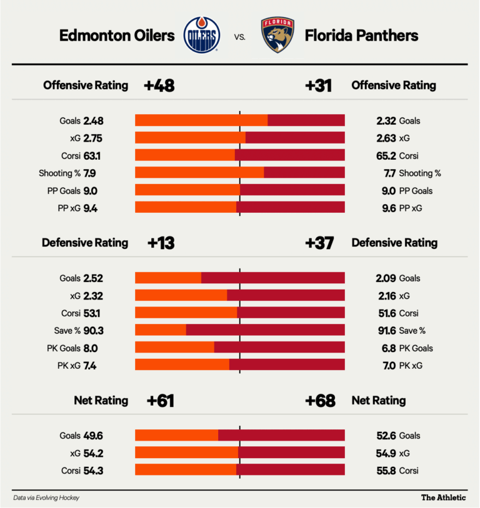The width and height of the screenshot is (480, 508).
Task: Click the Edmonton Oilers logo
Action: (201, 36)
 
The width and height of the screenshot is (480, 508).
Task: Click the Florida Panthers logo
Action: (278, 36)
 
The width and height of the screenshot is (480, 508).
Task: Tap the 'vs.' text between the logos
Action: (239, 37)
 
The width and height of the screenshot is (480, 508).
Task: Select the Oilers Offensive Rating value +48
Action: (159, 85)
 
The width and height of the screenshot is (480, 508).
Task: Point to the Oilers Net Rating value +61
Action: (161, 401)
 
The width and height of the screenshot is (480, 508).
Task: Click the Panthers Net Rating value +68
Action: (320, 401)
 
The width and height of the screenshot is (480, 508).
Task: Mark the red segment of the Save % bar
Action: (265, 331)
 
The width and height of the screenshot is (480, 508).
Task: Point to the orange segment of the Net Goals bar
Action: (176, 436)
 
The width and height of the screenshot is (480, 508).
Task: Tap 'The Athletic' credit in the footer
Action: (443, 497)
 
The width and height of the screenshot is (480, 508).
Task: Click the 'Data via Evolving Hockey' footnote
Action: (46, 497)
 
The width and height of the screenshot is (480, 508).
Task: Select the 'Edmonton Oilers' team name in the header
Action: (117, 36)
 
